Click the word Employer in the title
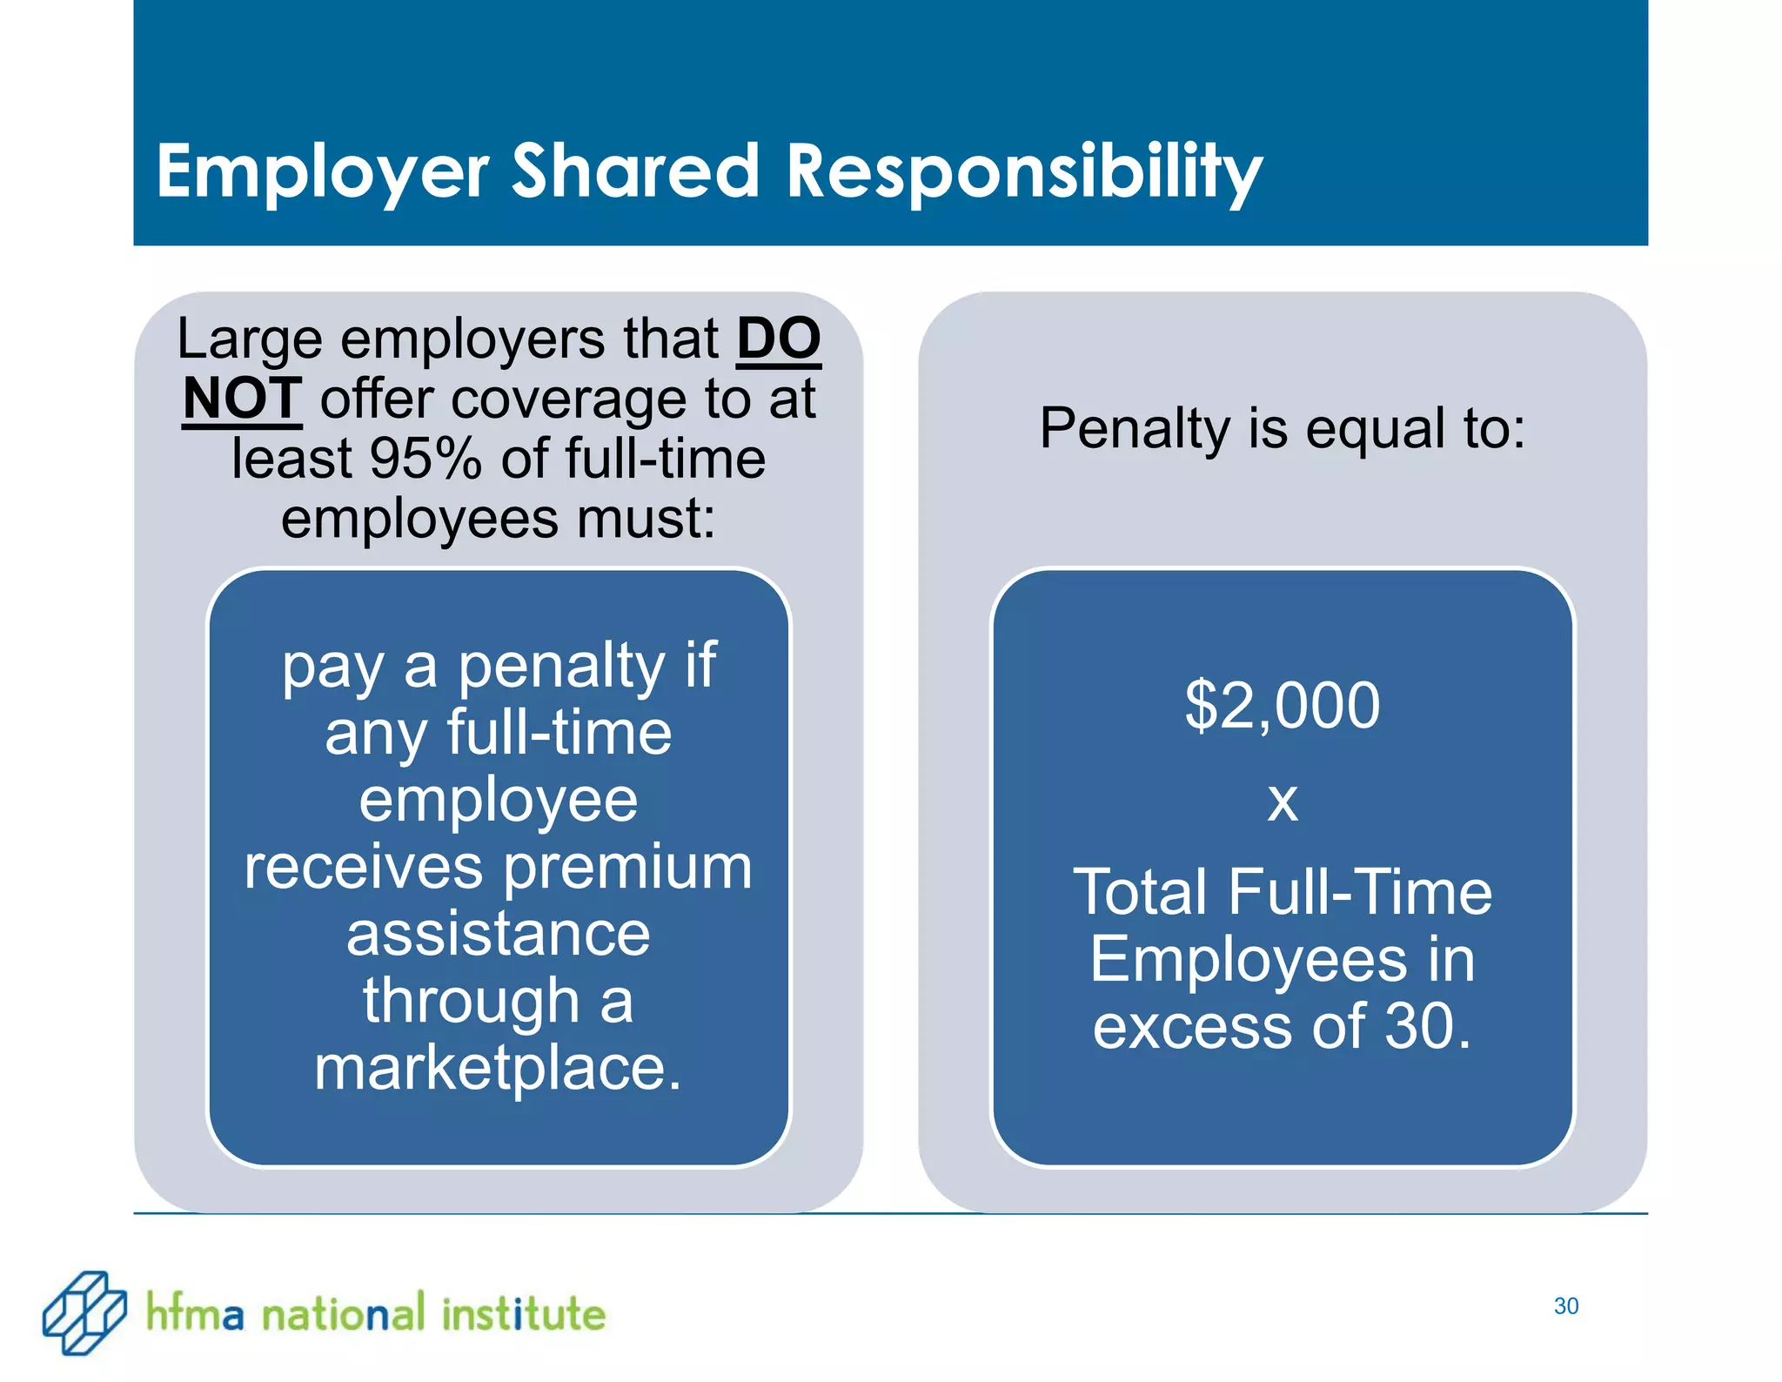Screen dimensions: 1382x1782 click(322, 171)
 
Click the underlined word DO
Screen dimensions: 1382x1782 click(779, 339)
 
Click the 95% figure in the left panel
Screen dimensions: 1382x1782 click(425, 459)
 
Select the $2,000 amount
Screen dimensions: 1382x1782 click(1282, 705)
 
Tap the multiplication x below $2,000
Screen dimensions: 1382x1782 click(1283, 801)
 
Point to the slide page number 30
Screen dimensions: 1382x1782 click(1566, 1306)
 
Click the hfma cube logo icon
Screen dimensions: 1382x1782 click(84, 1312)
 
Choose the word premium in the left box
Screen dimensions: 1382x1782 click(628, 868)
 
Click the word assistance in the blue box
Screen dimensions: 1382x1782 click(499, 934)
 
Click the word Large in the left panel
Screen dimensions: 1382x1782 click(249, 339)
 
